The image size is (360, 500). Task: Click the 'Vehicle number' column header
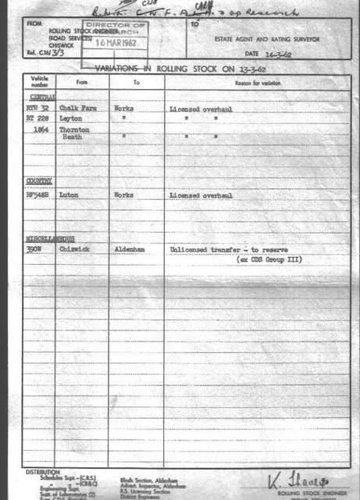pos(39,81)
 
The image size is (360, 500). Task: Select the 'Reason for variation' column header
pos(257,83)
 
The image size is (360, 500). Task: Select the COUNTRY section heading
pos(39,181)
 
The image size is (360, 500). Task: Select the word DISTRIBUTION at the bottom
pos(42,472)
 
